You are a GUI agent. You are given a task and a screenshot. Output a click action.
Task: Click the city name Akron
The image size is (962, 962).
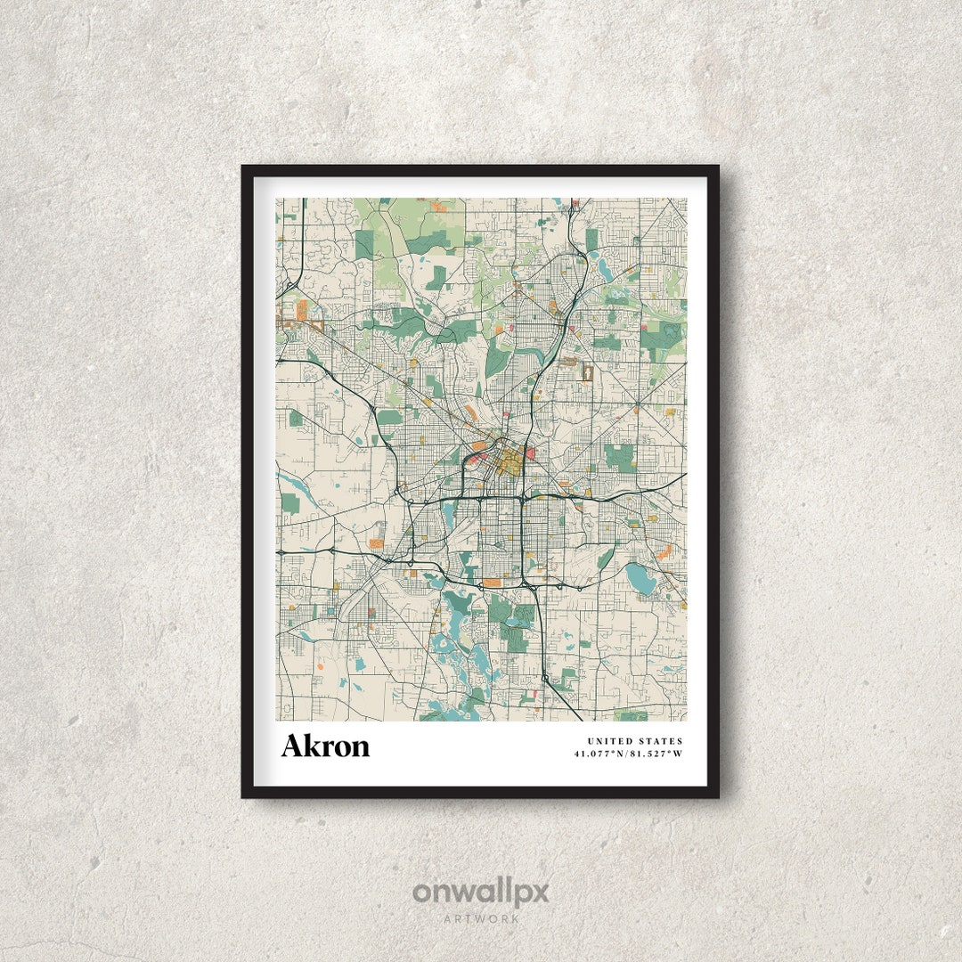(x=325, y=746)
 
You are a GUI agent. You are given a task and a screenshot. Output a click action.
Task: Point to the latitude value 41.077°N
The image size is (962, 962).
(x=601, y=754)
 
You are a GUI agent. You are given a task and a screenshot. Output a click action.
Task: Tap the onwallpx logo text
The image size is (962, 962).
(x=480, y=892)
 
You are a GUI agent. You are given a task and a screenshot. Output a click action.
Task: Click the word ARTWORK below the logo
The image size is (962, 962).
(x=481, y=917)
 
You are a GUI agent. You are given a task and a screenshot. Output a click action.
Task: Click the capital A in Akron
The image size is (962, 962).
(x=292, y=746)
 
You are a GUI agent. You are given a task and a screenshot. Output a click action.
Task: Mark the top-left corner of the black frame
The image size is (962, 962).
(x=243, y=167)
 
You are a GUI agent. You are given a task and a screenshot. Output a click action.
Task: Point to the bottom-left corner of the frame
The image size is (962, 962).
(x=243, y=795)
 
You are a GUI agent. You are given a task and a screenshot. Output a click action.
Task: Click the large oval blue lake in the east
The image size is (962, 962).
(x=640, y=578)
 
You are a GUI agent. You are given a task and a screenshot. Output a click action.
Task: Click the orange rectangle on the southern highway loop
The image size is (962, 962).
(x=491, y=583)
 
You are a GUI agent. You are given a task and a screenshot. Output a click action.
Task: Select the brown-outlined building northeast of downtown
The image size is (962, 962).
(x=587, y=370)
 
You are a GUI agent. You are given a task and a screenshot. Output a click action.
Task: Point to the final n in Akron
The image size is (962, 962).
(x=360, y=747)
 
